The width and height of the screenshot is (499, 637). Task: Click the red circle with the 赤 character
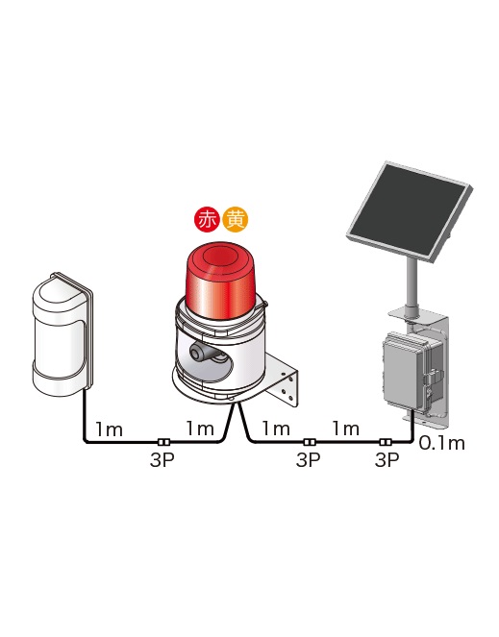pos(208,220)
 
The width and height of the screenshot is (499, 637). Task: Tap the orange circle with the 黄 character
pos(236,220)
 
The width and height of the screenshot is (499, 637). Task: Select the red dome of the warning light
pos(220,280)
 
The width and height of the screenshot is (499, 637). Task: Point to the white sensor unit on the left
pos(63,334)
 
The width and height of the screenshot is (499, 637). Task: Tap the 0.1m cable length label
pos(441,443)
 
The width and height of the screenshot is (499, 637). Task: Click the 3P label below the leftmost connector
pos(162,460)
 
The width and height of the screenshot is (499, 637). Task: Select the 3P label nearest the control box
pos(387,460)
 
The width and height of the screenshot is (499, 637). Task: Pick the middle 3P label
pos(308,460)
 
